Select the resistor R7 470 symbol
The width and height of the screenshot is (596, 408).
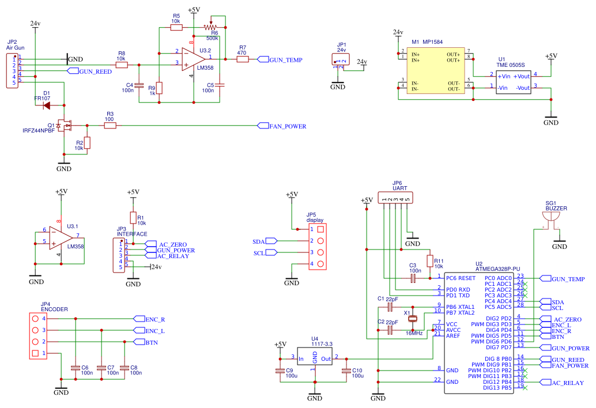[242, 59]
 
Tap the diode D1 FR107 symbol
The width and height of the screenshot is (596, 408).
[47, 105]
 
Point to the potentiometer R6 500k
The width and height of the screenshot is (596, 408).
[211, 27]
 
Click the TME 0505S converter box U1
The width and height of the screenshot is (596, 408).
[514, 82]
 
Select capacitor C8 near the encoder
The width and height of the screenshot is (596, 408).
[126, 368]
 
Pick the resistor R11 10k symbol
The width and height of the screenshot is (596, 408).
[428, 260]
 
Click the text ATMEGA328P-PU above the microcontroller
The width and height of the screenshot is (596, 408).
[497, 269]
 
